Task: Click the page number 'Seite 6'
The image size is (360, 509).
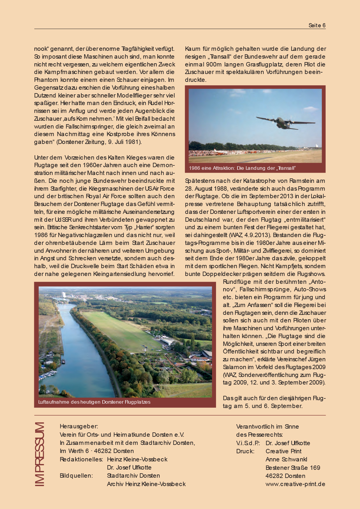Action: (317, 26)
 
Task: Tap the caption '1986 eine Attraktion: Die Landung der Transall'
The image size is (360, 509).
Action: (242, 168)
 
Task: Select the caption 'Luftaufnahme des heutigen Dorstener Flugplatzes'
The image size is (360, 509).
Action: (94, 402)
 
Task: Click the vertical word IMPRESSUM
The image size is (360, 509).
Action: (39, 454)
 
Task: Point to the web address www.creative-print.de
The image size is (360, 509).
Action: (295, 484)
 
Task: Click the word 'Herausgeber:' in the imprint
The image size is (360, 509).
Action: (79, 426)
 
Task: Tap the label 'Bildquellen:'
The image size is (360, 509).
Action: (76, 476)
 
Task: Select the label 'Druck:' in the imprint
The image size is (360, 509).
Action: (245, 451)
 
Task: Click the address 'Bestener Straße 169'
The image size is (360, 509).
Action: (293, 468)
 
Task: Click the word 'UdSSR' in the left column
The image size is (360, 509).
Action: (63, 220)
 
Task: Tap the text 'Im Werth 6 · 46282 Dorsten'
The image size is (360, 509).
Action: (97, 451)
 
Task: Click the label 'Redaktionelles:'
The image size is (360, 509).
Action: (81, 459)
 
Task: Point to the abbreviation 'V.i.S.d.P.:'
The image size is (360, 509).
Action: (248, 443)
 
